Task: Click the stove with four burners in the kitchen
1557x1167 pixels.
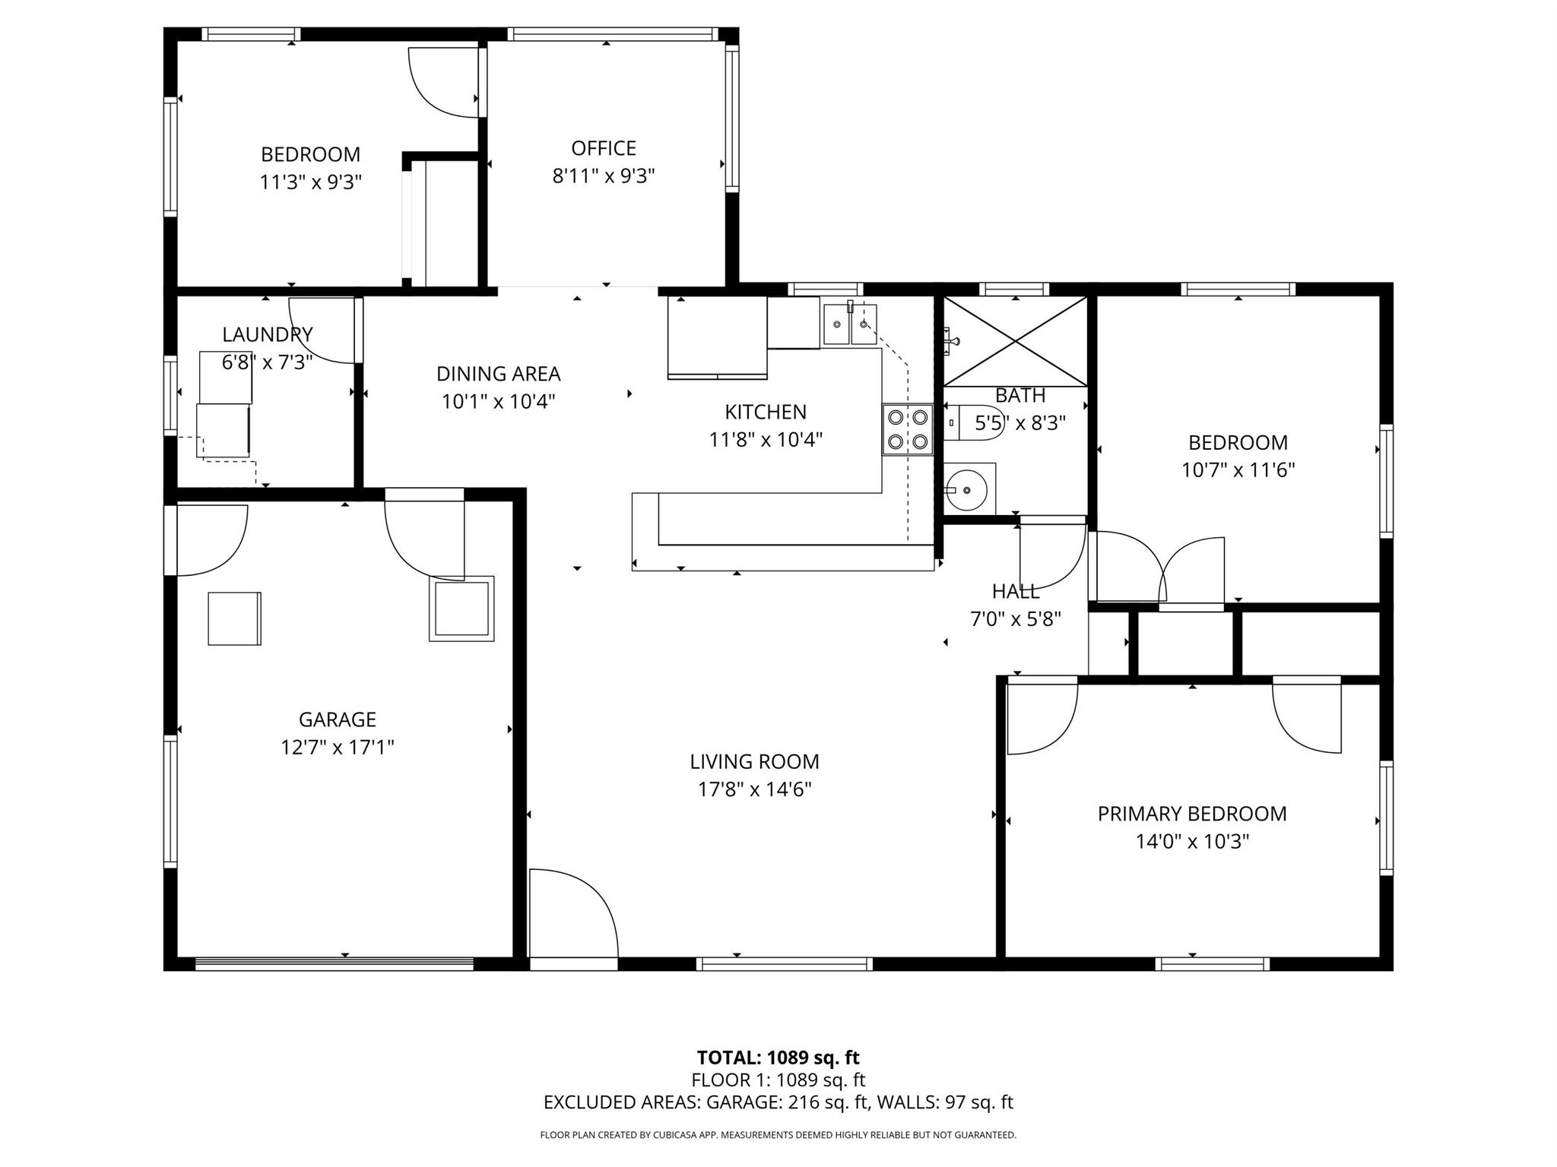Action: (908, 429)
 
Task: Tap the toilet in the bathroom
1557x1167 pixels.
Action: (981, 422)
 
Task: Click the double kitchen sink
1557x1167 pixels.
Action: (850, 324)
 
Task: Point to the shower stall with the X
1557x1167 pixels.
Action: (1016, 341)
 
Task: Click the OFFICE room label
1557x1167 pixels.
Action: (604, 148)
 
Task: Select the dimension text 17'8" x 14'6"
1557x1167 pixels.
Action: (755, 789)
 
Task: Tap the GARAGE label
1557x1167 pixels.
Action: (337, 719)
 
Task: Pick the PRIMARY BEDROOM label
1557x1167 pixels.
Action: (1191, 814)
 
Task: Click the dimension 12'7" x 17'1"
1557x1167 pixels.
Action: (337, 748)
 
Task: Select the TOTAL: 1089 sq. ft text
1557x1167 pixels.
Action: (778, 1058)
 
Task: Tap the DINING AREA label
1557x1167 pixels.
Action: (498, 374)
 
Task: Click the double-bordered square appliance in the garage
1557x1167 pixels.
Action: (461, 609)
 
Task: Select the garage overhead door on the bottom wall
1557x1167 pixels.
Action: (335, 963)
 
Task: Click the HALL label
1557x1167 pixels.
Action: (1015, 591)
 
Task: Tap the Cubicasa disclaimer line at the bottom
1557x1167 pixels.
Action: (778, 1135)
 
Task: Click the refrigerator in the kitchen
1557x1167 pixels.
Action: (717, 337)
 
